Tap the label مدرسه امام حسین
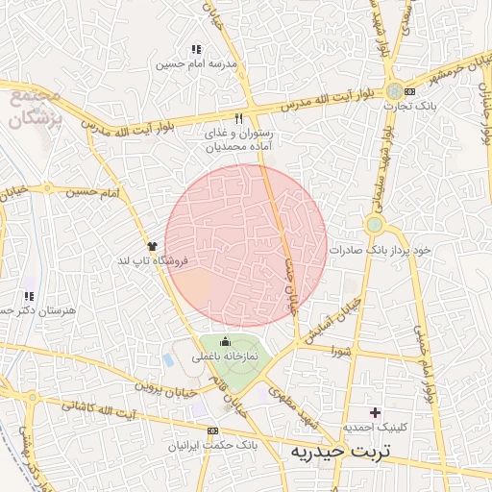197,64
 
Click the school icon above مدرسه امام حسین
196,49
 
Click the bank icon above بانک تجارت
410,90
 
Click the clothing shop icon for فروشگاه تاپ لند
152,246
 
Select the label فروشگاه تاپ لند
154,260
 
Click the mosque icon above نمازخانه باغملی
226,341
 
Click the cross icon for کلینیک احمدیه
375,412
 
